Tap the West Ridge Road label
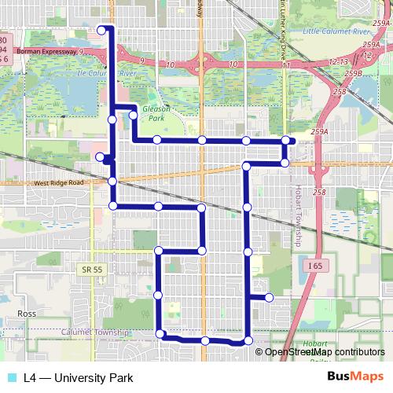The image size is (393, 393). [59, 182]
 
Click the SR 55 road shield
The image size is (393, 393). [91, 269]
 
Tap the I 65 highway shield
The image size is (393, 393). [314, 266]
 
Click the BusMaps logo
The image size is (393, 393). [356, 376]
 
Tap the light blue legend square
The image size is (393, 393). [9, 376]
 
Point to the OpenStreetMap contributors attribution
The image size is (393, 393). [324, 351]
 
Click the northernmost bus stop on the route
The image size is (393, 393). [102, 30]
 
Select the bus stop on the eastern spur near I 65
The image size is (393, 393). [269, 297]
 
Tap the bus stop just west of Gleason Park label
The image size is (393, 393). [134, 116]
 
